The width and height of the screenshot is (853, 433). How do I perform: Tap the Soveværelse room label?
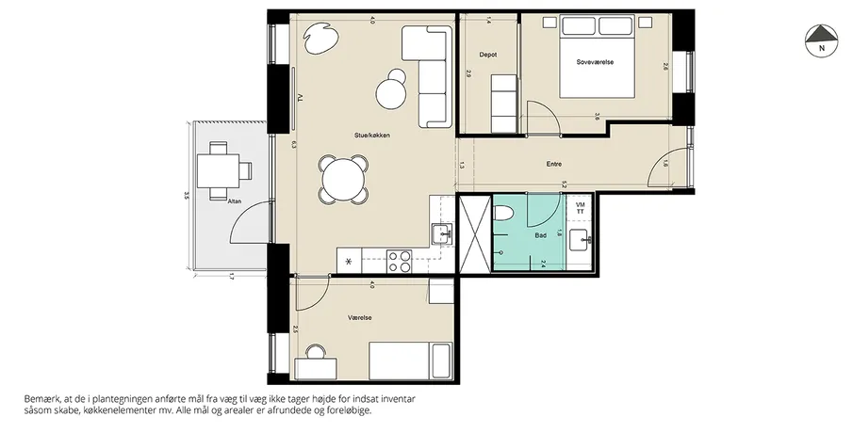(x=595, y=62)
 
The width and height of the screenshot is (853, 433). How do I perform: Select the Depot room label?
(x=488, y=55)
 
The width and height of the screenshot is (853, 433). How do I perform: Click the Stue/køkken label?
(x=371, y=136)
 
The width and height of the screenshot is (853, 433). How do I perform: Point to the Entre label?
(x=554, y=164)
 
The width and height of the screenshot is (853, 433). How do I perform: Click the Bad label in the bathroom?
(x=541, y=235)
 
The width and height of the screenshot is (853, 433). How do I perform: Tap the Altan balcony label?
(x=234, y=201)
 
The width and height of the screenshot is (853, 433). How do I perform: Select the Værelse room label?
(x=360, y=318)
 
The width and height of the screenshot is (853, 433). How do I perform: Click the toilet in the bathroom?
(x=502, y=213)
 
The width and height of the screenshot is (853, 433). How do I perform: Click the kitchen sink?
(x=442, y=234)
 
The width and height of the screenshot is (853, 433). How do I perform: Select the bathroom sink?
(x=580, y=240)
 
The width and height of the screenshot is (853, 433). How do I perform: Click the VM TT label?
(x=580, y=207)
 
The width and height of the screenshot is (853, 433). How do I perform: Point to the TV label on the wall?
(x=299, y=98)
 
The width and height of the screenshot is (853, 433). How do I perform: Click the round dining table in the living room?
(x=343, y=179)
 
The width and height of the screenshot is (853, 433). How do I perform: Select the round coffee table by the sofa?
(x=393, y=92)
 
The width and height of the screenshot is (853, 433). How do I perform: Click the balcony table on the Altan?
(x=218, y=170)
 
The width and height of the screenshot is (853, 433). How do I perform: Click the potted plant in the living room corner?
(x=321, y=38)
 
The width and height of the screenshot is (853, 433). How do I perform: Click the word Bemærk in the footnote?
(x=41, y=399)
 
